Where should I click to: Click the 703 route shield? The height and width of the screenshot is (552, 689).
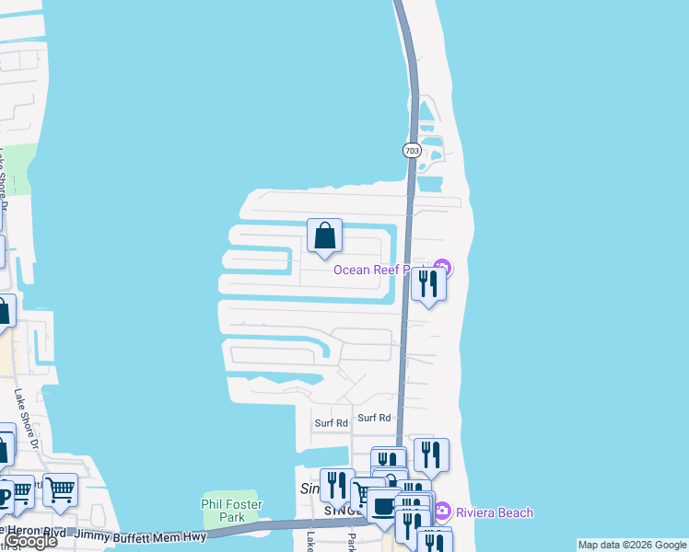[x=411, y=150]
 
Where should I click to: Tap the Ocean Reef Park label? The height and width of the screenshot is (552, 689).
[x=382, y=270]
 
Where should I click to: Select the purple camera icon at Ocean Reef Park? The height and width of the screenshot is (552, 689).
[x=443, y=269]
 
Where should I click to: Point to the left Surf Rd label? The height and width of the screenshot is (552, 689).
[x=331, y=423]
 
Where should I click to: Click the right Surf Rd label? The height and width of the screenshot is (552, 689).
[x=374, y=418]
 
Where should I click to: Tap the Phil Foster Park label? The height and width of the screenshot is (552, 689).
[x=232, y=511]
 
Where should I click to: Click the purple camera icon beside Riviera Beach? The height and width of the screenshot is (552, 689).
[x=442, y=511]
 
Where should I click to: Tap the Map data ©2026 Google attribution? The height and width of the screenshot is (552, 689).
[x=633, y=545]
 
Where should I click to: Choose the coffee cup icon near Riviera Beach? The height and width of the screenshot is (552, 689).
[x=384, y=505]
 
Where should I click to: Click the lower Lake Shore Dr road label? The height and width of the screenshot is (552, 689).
[x=27, y=419]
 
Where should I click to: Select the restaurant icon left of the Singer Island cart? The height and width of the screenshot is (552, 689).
[x=337, y=485]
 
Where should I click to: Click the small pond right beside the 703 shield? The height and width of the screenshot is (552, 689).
[x=431, y=147]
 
